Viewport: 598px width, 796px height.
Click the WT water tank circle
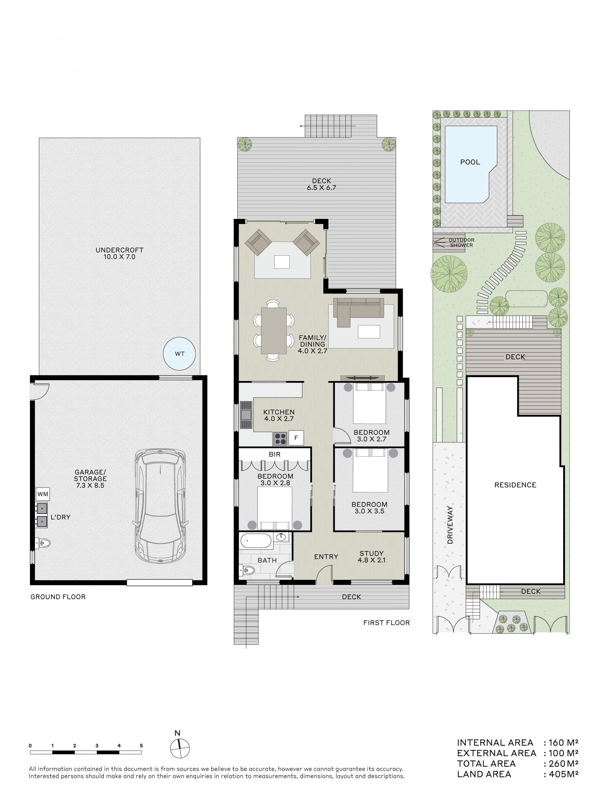point(179,354)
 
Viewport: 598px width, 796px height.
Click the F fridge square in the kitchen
point(296,438)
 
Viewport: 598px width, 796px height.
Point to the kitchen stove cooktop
point(280,439)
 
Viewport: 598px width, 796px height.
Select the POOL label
point(470,162)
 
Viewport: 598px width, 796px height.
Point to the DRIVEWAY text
point(450,525)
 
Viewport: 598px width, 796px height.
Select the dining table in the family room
point(273,330)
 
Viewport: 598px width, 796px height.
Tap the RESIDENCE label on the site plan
point(515,485)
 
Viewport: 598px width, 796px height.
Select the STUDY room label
point(371,553)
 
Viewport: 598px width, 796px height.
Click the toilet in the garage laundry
point(43,543)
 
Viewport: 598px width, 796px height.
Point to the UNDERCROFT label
point(120,250)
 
